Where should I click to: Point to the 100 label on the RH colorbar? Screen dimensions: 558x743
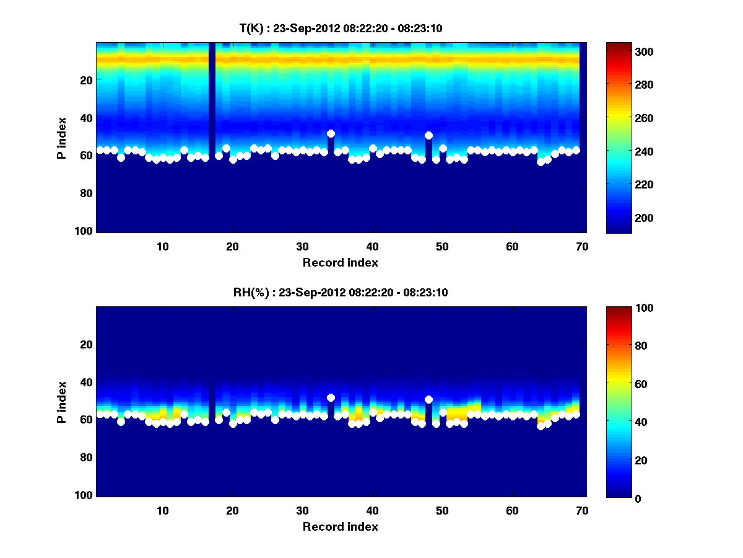(627, 308)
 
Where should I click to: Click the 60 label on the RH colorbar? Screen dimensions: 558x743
(625, 384)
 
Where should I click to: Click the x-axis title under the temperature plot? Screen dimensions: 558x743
(340, 262)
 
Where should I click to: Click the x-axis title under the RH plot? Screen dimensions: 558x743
(340, 526)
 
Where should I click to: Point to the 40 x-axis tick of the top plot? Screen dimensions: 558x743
(372, 246)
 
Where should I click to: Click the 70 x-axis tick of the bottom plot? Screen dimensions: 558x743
(582, 510)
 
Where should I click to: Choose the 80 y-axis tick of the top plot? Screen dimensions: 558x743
(85, 193)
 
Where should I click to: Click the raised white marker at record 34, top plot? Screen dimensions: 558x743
(331, 133)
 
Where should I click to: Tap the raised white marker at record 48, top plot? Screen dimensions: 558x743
(428, 135)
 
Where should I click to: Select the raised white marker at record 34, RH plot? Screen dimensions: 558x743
(331, 397)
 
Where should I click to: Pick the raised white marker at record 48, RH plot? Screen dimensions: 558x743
(428, 399)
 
